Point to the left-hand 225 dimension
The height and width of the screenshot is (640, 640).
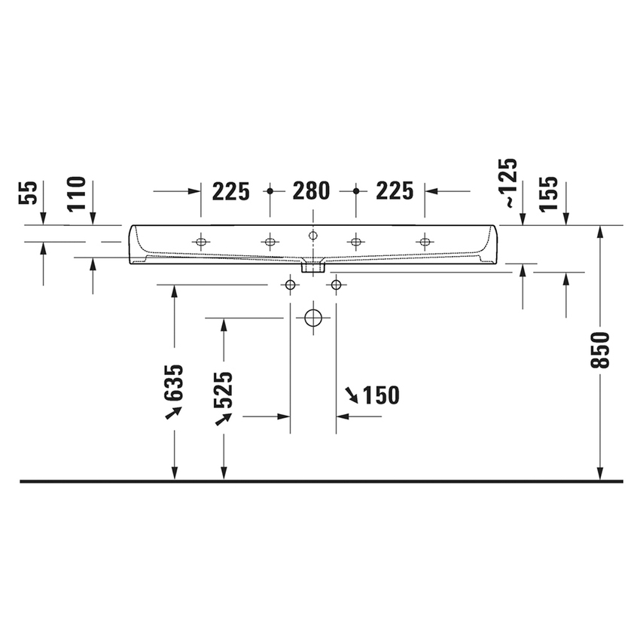click(x=230, y=191)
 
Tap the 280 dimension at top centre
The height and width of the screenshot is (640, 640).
click(x=311, y=191)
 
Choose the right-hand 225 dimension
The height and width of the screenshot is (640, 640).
click(x=395, y=191)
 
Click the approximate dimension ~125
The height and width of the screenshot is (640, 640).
click(x=510, y=182)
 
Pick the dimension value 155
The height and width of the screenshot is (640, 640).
click(x=550, y=193)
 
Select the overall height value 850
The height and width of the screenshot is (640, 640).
click(x=600, y=350)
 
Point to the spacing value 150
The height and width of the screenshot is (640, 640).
click(x=380, y=395)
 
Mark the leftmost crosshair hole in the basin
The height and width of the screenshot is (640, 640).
click(x=200, y=242)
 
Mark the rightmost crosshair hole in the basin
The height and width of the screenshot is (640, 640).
click(x=425, y=242)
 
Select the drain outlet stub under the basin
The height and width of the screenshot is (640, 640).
click(x=312, y=265)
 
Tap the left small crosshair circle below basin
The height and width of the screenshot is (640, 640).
click(x=289, y=285)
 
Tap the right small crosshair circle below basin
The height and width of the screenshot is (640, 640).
click(x=336, y=285)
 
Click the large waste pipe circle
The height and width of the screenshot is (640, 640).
click(x=312, y=317)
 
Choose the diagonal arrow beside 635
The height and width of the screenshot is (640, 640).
click(x=174, y=413)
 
